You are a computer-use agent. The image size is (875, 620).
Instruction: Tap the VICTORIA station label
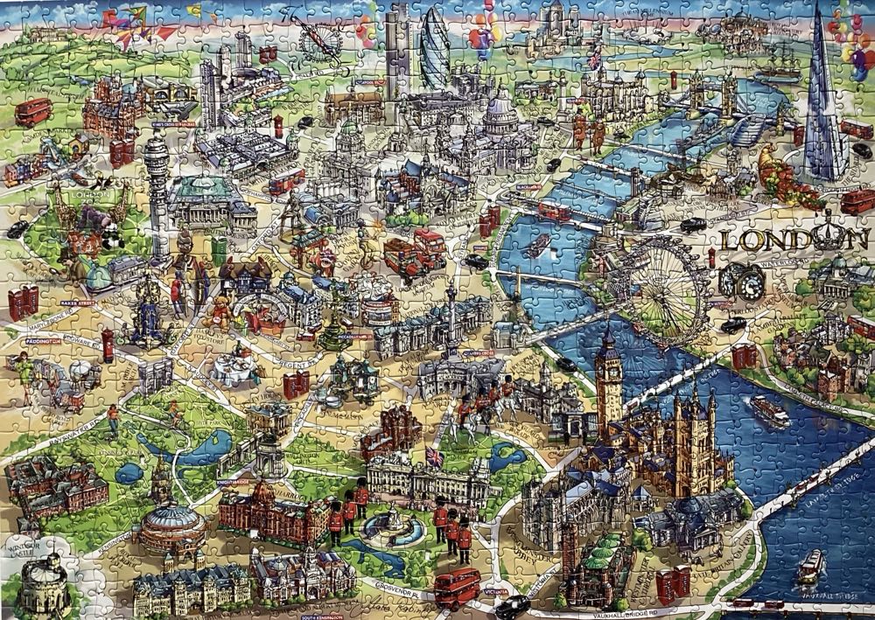click(495, 591)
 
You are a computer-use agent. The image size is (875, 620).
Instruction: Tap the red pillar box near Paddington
click(108, 344)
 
